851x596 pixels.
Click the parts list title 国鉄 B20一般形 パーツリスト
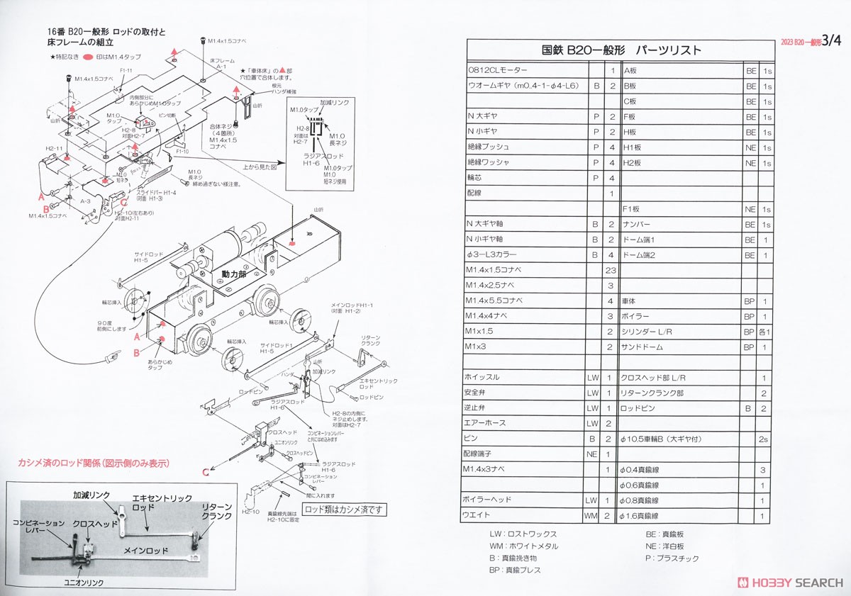click(621, 50)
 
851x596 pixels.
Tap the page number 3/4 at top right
click(825, 41)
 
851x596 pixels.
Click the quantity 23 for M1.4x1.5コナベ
click(611, 269)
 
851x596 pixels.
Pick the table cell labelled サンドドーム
click(643, 347)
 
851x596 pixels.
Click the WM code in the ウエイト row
click(591, 515)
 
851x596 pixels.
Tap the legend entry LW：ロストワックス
click(523, 534)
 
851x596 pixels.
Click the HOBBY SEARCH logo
click(791, 582)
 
